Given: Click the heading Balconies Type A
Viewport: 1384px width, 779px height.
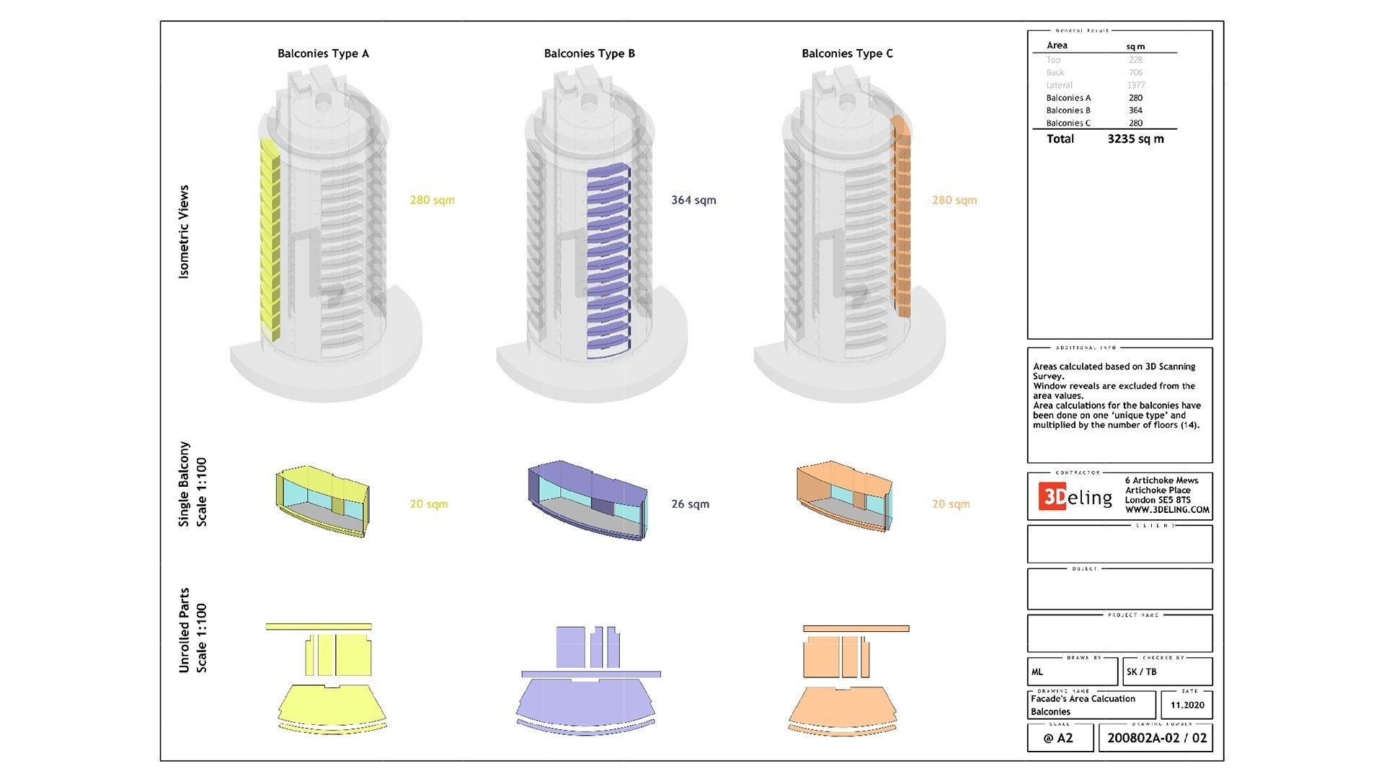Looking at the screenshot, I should tap(323, 53).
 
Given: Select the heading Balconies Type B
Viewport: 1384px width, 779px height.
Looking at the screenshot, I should tap(589, 53).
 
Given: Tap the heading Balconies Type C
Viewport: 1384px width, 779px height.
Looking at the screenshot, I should tap(847, 53).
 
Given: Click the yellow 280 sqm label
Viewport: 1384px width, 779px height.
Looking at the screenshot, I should tap(432, 200).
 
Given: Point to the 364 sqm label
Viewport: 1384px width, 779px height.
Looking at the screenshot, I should tap(693, 200).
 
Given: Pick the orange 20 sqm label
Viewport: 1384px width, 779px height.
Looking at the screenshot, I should tap(951, 504).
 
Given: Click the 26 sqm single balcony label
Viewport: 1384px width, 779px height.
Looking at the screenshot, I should tap(690, 504).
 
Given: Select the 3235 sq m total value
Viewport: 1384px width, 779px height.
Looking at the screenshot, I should tap(1135, 139).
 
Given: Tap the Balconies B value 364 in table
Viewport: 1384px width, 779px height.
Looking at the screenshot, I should tap(1135, 110).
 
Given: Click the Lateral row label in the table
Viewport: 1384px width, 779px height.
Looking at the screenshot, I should tap(1059, 85).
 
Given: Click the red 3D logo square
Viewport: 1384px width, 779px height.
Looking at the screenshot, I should tap(1052, 496).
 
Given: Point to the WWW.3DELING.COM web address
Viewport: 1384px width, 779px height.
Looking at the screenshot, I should tap(1167, 510).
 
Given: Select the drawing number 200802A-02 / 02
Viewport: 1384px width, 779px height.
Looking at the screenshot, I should tap(1156, 738).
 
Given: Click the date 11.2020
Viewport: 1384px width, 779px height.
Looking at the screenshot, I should tap(1187, 705).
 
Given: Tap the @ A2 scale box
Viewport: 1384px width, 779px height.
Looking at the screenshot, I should tap(1058, 738).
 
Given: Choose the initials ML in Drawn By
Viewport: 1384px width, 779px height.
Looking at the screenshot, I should tap(1037, 672).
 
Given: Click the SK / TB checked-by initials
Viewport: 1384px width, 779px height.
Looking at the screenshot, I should tap(1141, 672).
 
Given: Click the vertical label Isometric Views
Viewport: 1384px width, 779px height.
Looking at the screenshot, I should tap(185, 232).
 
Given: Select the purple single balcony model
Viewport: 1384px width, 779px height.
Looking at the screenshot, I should tap(587, 500).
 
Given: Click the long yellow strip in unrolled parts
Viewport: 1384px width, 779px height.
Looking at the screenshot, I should tap(319, 627).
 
